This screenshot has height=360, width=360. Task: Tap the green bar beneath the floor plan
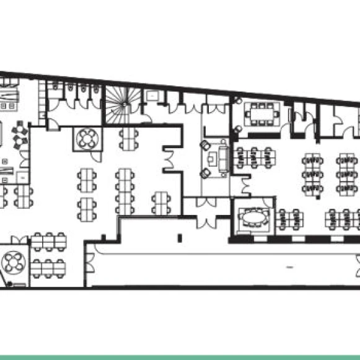[180, 357]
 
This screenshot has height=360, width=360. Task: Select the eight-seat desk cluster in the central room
[124, 190]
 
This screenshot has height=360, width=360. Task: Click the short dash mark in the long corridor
[289, 266]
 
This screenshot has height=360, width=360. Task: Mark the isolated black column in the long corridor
[178, 237]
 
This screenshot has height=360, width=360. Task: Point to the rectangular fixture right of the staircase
[151, 95]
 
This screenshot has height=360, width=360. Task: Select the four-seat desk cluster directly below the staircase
[128, 138]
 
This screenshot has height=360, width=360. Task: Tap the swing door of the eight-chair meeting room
[239, 130]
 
